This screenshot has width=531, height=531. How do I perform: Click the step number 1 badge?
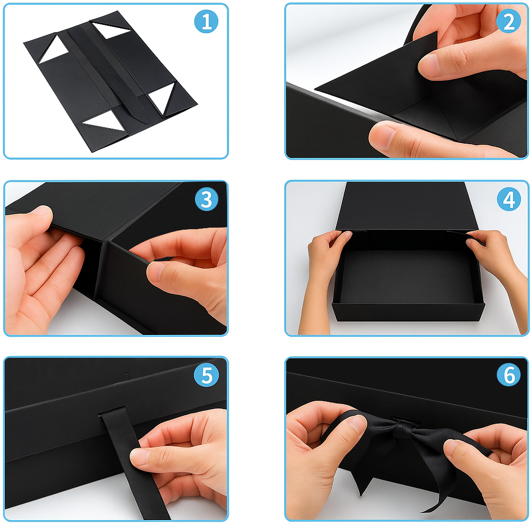pyautogui.click(x=206, y=21)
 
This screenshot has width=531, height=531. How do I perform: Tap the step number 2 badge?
pyautogui.click(x=508, y=21)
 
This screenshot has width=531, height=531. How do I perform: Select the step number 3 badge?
pyautogui.click(x=206, y=199)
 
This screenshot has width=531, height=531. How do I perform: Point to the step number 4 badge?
pyautogui.click(x=509, y=199)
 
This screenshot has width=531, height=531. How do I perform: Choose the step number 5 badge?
pyautogui.click(x=206, y=375)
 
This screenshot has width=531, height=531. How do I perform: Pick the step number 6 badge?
pyautogui.click(x=509, y=375)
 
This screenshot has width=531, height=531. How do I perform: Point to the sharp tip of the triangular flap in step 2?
pyautogui.click(x=315, y=89)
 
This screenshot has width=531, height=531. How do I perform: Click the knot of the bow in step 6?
pyautogui.click(x=402, y=427)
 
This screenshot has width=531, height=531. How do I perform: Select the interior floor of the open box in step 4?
pyautogui.click(x=407, y=276)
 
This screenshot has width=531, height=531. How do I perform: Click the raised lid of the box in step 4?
pyautogui.click(x=407, y=206)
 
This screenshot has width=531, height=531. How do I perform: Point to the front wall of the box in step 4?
pyautogui.click(x=408, y=312)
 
